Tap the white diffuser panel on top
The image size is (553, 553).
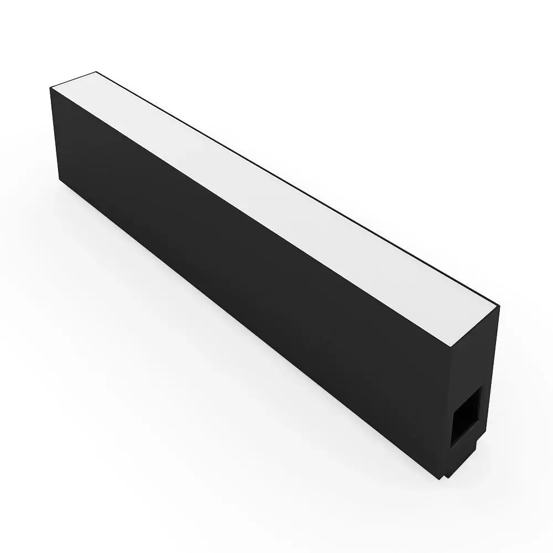(276, 188)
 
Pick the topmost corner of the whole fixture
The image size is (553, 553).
(97, 71)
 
